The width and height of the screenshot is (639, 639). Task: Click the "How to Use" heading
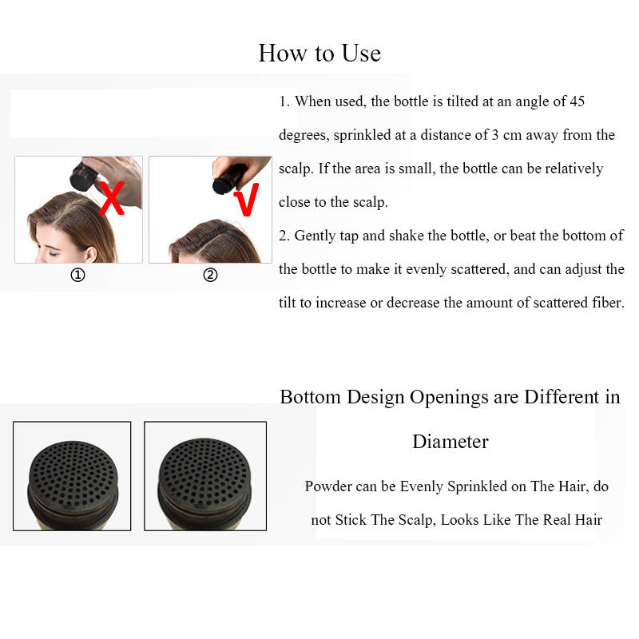(320, 54)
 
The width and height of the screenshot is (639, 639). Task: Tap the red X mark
(112, 198)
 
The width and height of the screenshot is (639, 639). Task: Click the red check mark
(247, 199)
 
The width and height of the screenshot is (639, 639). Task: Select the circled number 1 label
(77, 275)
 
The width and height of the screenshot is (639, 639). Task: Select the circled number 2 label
(210, 275)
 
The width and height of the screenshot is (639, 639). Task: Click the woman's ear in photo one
(90, 254)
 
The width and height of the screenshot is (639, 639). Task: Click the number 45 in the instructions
(577, 101)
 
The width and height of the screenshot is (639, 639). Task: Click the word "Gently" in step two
(314, 236)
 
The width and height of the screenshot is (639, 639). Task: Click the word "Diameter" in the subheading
(450, 442)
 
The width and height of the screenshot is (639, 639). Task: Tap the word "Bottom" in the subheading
(310, 397)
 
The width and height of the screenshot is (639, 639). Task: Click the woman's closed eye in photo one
(53, 253)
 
